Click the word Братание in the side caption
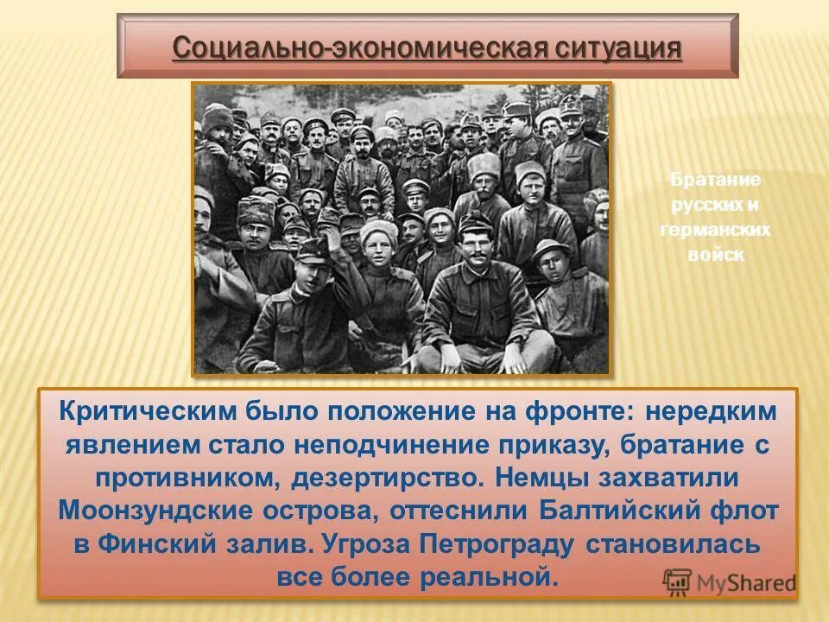715,181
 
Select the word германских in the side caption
715,231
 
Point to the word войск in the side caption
715,256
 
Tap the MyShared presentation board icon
678,583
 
